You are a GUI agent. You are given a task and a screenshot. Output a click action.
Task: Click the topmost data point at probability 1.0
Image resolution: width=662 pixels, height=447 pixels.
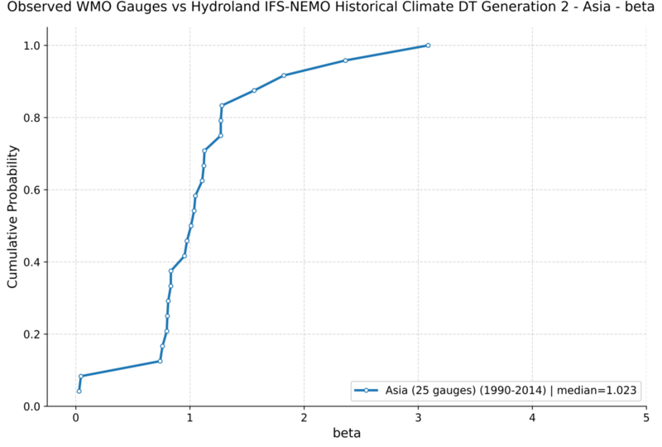[x=428, y=46]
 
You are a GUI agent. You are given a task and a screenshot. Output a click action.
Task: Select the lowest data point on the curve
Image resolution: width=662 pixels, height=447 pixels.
[x=79, y=392]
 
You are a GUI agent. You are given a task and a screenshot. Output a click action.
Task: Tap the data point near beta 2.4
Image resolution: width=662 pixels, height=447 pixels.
[x=345, y=60]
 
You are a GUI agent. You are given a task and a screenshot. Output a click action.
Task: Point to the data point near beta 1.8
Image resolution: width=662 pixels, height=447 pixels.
[x=284, y=75]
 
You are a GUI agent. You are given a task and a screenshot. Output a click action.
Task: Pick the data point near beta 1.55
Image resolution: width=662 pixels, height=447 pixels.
[x=254, y=90]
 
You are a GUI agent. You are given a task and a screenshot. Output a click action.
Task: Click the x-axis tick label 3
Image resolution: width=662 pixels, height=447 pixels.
[x=418, y=418]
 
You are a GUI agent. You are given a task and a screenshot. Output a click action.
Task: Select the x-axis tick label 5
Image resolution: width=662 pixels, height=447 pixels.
[x=646, y=418]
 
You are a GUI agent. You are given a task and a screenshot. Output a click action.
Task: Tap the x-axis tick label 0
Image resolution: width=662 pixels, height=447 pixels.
[x=75, y=418]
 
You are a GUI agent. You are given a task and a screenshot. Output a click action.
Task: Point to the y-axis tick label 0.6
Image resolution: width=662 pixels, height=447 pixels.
[x=31, y=190]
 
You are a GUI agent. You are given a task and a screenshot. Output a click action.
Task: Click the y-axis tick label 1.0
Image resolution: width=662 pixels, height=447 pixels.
[x=31, y=46]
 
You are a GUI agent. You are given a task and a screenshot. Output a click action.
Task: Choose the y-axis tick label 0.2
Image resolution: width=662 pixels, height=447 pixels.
[x=31, y=334]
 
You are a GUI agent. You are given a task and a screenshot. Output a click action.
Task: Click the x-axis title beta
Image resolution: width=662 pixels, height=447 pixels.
[x=347, y=433]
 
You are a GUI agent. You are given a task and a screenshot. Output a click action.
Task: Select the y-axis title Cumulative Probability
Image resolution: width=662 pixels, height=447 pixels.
[x=12, y=217]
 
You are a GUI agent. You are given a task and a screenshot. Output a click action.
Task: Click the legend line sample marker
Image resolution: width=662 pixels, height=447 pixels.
[x=366, y=391]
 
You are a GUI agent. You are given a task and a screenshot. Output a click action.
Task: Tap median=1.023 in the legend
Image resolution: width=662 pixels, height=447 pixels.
[x=597, y=391]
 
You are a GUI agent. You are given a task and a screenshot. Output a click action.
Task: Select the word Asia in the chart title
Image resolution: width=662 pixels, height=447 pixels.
[x=596, y=7]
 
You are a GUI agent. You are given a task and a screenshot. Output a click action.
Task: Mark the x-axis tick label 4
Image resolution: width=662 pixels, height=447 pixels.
[x=532, y=418]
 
